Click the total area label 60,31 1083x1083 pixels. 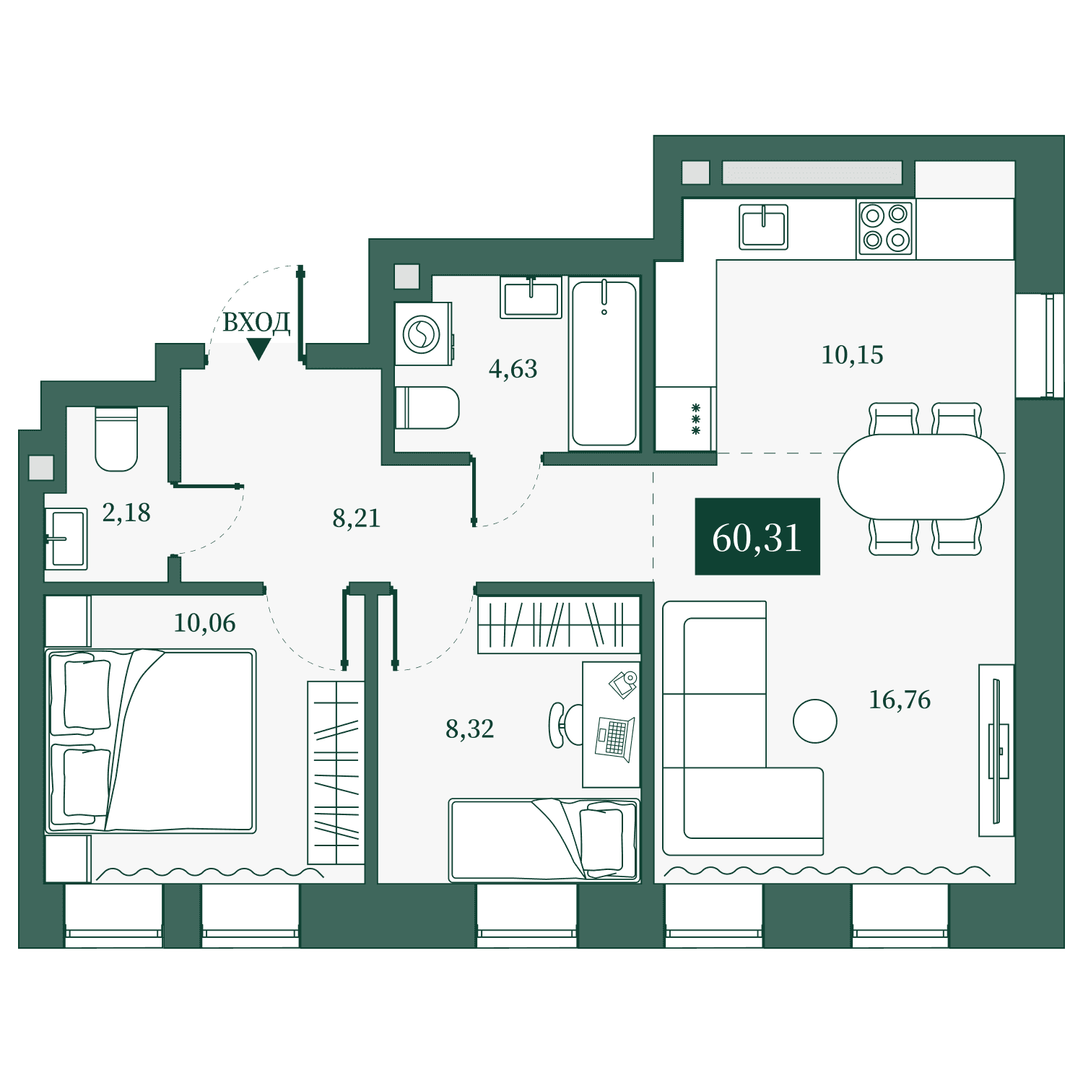tap(757, 538)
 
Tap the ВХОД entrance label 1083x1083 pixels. tap(256, 322)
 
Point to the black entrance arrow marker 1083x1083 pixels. tap(258, 349)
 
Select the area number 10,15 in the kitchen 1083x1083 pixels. tap(852, 355)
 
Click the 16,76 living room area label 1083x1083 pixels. tap(900, 700)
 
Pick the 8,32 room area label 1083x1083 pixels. tap(470, 729)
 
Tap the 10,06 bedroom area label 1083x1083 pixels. tap(204, 623)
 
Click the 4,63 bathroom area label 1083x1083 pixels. tap(513, 370)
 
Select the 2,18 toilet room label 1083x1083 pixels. tap(126, 513)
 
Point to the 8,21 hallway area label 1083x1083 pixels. tap(356, 518)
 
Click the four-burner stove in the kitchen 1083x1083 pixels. tap(886, 227)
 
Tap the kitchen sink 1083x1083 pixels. tap(763, 227)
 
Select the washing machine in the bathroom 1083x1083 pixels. tap(423, 334)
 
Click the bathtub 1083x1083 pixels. tap(604, 364)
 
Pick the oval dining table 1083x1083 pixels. tap(921, 477)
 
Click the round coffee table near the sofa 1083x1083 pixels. tap(815, 721)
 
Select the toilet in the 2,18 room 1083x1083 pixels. tap(116, 439)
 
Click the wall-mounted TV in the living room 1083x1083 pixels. tap(997, 751)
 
